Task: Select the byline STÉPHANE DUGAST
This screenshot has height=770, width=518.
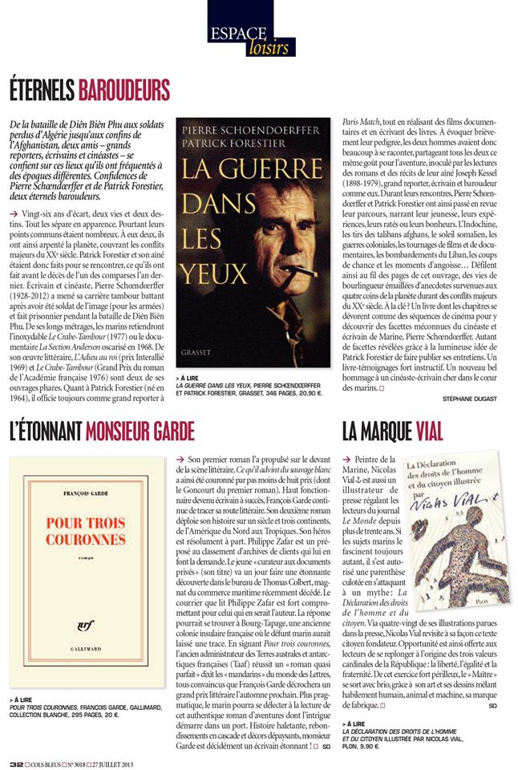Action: click(469, 398)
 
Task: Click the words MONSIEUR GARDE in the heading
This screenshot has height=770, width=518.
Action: click(139, 432)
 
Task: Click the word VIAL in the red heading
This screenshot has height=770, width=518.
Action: click(430, 432)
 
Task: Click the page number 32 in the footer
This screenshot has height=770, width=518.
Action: click(15, 763)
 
